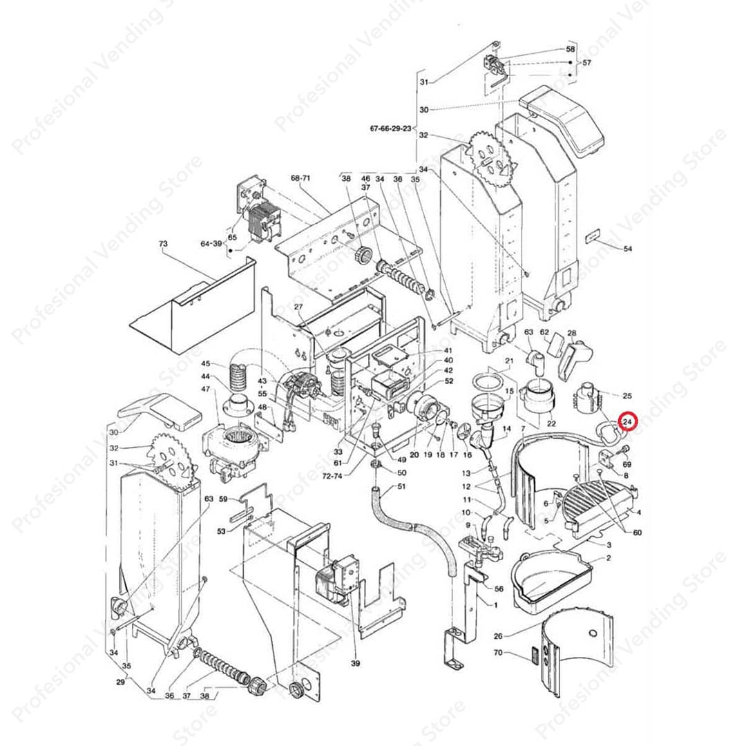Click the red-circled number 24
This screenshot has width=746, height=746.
tap(627, 421)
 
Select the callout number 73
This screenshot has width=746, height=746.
tap(163, 244)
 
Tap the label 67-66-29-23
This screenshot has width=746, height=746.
tap(390, 128)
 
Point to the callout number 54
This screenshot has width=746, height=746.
tap(627, 249)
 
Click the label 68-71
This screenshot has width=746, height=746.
tap(300, 178)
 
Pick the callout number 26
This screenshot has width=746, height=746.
tap(497, 635)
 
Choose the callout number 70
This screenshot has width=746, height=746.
tap(497, 652)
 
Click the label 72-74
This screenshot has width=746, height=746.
tap(332, 475)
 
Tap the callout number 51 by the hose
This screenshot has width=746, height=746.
tap(401, 486)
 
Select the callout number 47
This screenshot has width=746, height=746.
tap(206, 389)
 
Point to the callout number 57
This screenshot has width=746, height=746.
tap(586, 62)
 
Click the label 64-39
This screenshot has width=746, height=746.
tap(211, 244)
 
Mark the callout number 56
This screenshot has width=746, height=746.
tap(499, 589)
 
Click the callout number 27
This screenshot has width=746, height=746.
tap(298, 307)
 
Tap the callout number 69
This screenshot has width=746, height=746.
tap(627, 464)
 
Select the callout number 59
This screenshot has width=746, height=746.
tap(223, 499)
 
